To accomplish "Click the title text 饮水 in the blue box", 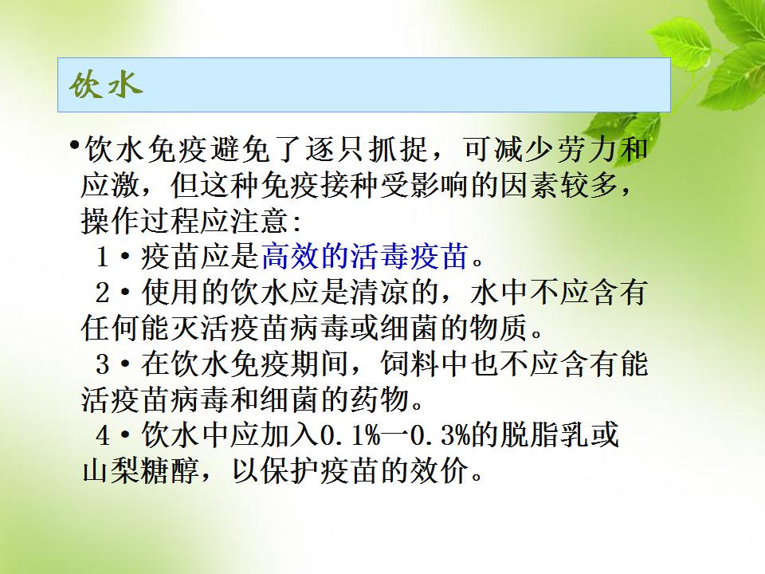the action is [105, 86].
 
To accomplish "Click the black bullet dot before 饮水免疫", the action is [74, 144].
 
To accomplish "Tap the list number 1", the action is [102, 257].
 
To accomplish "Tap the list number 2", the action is [103, 293].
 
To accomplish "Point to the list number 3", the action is [103, 364].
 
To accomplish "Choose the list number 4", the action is [103, 435].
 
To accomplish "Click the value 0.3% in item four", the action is [440, 435].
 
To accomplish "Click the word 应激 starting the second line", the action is [111, 185].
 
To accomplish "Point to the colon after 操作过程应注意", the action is [296, 222].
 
